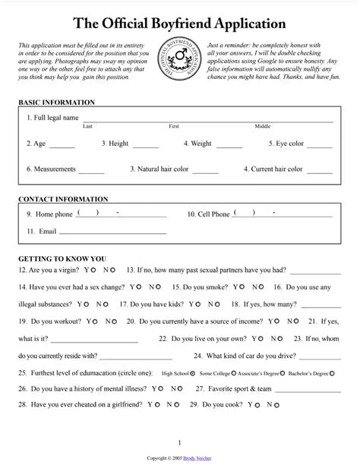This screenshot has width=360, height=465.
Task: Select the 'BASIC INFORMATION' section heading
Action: pyautogui.click(x=56, y=102)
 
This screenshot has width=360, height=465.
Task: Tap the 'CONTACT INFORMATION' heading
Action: pyautogui.click(x=62, y=199)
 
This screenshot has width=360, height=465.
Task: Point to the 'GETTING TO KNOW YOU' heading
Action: pyautogui.click(x=62, y=258)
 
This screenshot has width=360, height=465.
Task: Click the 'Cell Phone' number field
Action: pyautogui.click(x=285, y=216)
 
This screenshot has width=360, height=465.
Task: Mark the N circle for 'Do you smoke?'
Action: pyautogui.click(x=263, y=288)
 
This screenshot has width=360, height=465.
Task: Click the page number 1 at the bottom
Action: pyautogui.click(x=179, y=442)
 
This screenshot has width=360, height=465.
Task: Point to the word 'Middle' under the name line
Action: pyautogui.click(x=262, y=126)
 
